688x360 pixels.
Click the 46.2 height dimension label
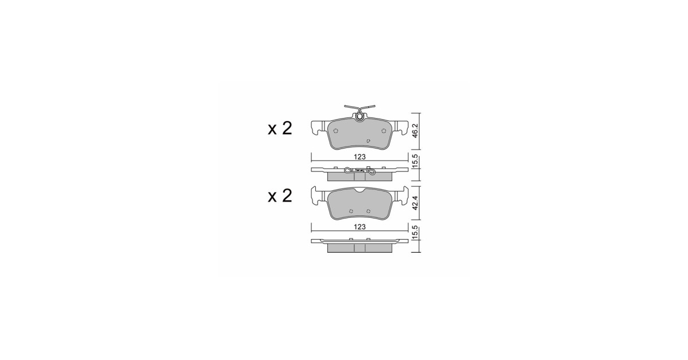coord(415,131)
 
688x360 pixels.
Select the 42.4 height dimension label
coord(415,203)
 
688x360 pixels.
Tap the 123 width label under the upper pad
coord(359,157)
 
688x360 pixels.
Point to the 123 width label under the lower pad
coord(359,227)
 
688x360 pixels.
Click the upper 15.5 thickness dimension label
coord(415,161)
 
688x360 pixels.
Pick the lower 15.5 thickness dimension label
coord(415,232)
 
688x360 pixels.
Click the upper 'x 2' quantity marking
coord(280,128)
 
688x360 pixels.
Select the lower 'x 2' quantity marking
coord(280,195)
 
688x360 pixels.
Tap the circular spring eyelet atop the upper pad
coord(359,116)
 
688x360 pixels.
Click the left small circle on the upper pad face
coord(336,131)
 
